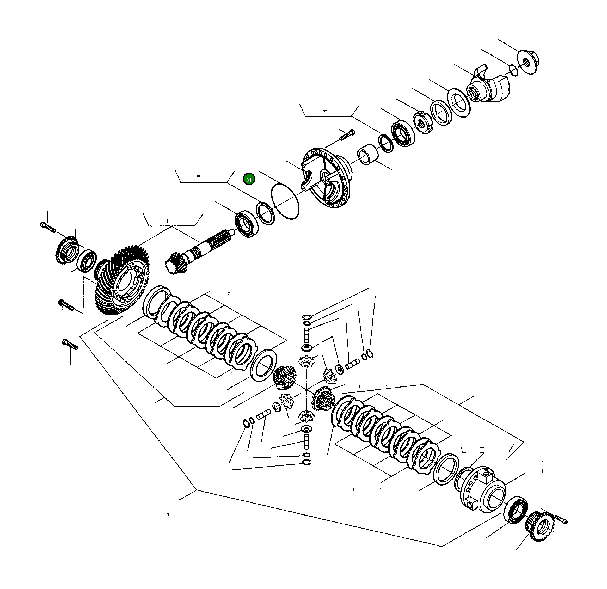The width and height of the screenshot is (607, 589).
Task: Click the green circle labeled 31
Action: coord(249,179)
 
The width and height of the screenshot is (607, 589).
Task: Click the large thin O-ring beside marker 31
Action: coord(285,201)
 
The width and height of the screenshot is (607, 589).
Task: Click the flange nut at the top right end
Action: coord(528,62)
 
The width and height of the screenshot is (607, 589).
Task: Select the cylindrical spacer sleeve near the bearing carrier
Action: coord(368,154)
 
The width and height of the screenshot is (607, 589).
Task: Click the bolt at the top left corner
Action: coord(48,227)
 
